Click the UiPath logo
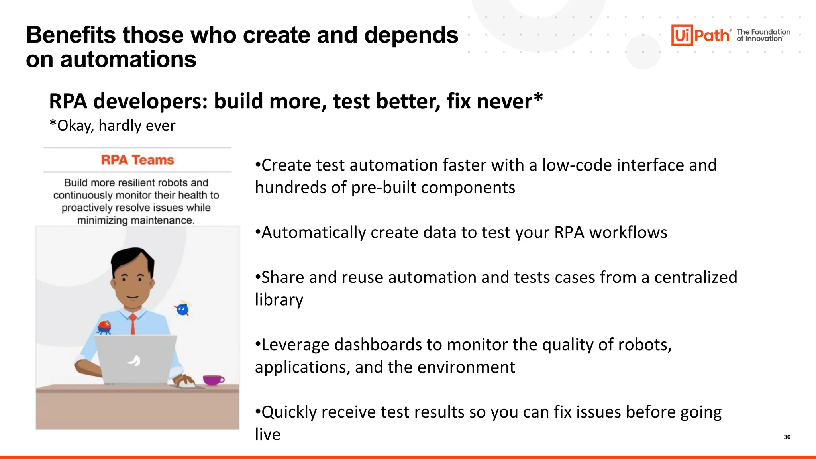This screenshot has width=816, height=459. coord(700,35)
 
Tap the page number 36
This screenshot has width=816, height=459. coord(787,437)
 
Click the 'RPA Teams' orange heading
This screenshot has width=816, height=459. coord(137,160)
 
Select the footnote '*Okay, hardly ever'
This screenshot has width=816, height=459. coord(112,126)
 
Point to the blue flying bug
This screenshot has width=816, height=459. coord(182,309)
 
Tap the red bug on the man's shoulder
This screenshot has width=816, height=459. coord(105,327)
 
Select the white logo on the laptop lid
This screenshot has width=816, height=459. coord(134,360)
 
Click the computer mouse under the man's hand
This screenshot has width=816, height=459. coord(186,384)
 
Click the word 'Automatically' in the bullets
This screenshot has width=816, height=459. coord(313,233)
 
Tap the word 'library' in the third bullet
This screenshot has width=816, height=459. coord(279,300)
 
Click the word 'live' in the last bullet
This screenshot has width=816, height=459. coord(267,434)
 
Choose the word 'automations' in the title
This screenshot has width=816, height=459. coord(128,59)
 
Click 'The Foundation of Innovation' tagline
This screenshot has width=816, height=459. coord(763,35)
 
